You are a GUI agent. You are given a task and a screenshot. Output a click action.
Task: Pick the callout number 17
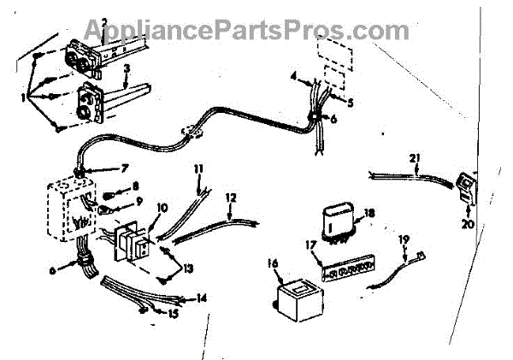pos(314,245)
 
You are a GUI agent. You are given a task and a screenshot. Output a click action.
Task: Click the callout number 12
pos(229,198)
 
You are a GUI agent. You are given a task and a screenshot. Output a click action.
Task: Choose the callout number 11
pos(198,168)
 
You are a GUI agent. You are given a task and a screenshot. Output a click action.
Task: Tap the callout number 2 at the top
pos(103,21)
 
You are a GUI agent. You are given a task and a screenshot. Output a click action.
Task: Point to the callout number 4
pos(294,78)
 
